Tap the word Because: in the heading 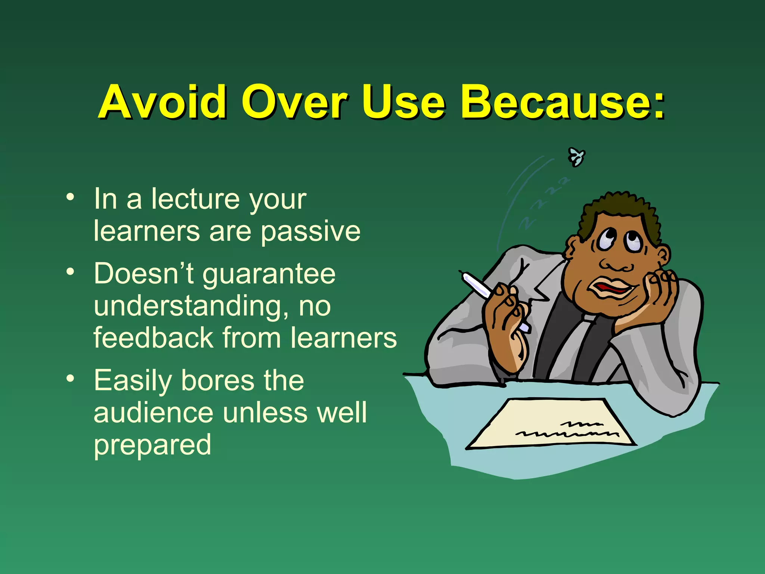(x=563, y=102)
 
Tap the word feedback (x=153, y=338)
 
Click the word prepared (x=152, y=445)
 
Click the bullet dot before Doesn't (x=70, y=272)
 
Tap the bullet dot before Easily (x=70, y=379)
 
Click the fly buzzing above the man (x=576, y=157)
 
